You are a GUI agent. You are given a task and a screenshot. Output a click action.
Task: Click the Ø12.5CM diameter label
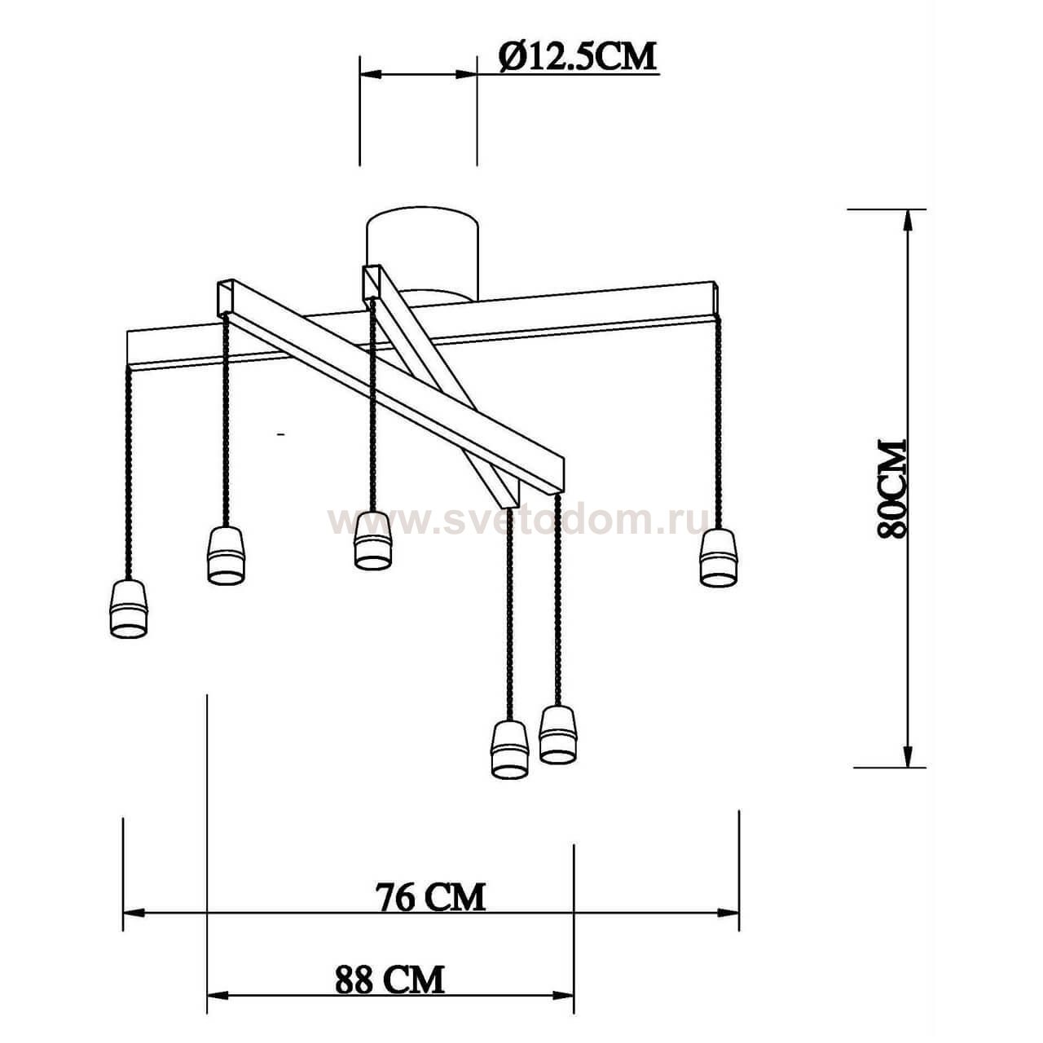click(x=577, y=57)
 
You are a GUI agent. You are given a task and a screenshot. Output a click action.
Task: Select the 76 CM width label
click(x=430, y=897)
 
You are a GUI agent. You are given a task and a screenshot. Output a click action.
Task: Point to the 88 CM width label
click(x=389, y=979)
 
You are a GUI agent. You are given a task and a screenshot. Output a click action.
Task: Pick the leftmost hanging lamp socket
click(x=129, y=609)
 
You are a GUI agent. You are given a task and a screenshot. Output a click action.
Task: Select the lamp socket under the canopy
click(x=372, y=539)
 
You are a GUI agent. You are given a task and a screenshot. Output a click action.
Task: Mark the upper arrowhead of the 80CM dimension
click(x=906, y=220)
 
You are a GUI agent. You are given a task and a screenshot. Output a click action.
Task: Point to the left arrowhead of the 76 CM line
click(x=134, y=913)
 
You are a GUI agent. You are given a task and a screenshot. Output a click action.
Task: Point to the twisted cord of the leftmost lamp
click(x=129, y=473)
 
